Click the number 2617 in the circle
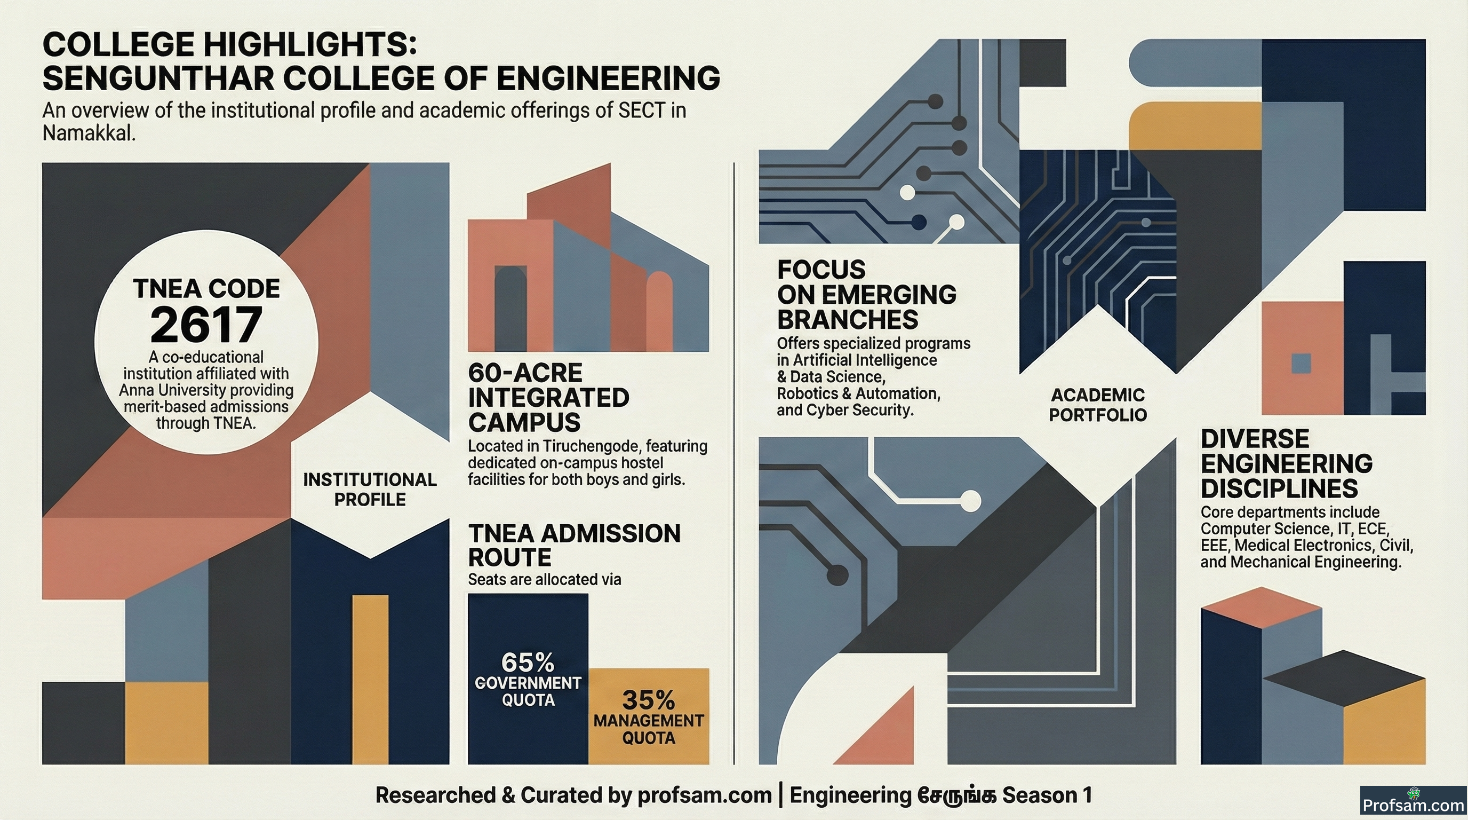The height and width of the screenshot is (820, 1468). coord(206,324)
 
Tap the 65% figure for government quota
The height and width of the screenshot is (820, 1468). coord(528,663)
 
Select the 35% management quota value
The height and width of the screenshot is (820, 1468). coord(649,700)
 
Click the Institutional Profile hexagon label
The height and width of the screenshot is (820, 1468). coord(370,489)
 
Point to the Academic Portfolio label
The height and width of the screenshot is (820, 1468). coord(1098,405)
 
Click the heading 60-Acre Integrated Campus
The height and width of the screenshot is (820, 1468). coord(548,398)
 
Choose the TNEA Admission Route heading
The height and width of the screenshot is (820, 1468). coord(575,545)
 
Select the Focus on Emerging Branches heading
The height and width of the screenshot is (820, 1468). coord(867,295)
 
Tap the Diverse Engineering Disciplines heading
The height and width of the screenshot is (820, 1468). coord(1286,463)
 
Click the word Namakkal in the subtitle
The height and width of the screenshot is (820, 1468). coord(89,133)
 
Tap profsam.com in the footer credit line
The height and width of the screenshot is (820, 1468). coord(704,795)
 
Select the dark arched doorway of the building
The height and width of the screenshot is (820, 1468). coord(510,308)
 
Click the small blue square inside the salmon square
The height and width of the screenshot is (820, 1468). coord(1301,363)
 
